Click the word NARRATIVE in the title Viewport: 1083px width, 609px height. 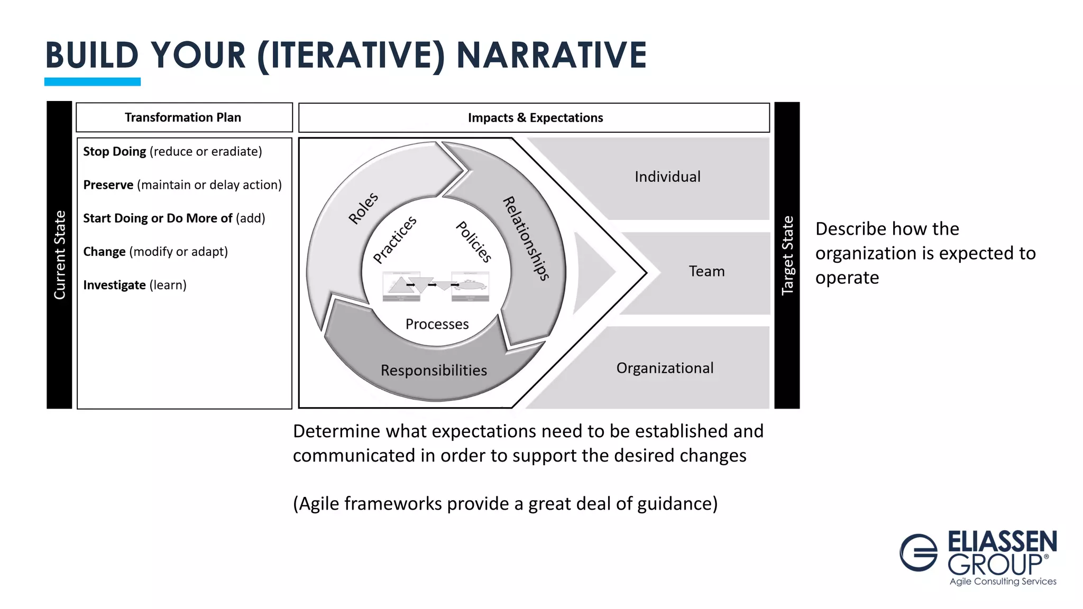coord(551,55)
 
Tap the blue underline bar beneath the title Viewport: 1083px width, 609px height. coord(93,81)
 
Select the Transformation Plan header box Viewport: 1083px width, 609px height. coord(183,117)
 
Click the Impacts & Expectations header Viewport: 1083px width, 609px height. coord(535,118)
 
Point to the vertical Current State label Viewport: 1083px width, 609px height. coord(60,255)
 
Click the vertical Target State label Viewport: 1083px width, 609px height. coord(787,255)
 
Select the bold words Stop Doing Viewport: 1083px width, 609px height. coord(114,152)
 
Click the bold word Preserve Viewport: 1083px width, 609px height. coord(108,185)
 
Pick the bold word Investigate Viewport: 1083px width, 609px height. coord(114,285)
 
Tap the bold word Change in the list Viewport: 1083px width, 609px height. coord(104,252)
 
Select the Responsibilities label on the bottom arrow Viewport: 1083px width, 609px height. coord(434,371)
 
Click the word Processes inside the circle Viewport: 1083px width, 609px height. coord(437,324)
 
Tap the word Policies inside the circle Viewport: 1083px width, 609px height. coord(474,242)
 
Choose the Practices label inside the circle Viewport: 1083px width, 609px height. coord(394,239)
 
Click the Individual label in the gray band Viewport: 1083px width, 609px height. coord(667,177)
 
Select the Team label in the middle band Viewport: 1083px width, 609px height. coord(706,272)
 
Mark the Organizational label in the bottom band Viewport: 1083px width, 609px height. coord(665,368)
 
